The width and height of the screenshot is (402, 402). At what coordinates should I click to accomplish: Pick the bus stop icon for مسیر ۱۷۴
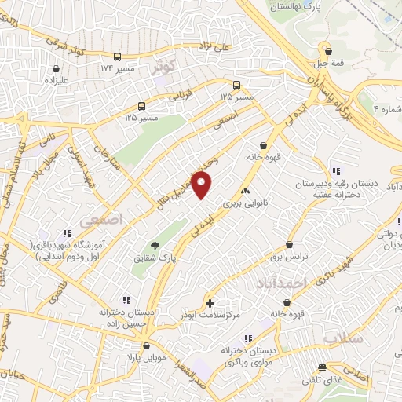tap(117, 57)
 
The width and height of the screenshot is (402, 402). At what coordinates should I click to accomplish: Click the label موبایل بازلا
tap(147, 357)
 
